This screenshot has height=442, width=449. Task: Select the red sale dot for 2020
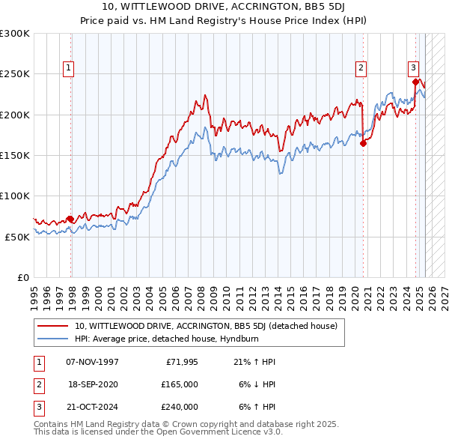click(x=363, y=143)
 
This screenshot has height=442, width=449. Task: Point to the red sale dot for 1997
click(x=70, y=219)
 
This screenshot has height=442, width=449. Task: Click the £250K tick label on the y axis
click(x=15, y=74)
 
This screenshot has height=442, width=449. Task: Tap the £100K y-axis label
click(x=15, y=196)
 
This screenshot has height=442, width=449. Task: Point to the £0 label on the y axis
click(x=22, y=276)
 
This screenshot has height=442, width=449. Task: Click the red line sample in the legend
click(x=53, y=327)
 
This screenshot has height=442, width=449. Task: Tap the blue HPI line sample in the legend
click(x=53, y=339)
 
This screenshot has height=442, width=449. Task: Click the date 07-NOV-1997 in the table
click(x=93, y=363)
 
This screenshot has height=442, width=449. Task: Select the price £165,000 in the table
click(x=180, y=384)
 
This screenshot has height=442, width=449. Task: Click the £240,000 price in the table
click(x=180, y=407)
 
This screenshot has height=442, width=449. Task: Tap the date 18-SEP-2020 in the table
click(x=93, y=384)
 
